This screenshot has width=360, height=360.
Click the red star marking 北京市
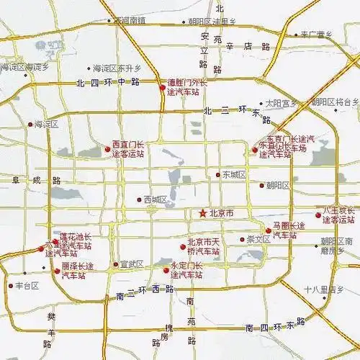pos(204,214)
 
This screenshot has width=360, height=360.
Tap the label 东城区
pos(234,175)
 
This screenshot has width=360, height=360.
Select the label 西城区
pos(156,199)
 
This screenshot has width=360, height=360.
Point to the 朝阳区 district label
pos(277,186)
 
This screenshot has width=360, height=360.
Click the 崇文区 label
pos(258,239)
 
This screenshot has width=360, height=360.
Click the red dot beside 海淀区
pos(30,125)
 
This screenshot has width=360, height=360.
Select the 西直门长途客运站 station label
pos(128,148)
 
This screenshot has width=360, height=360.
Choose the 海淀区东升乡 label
pos(117,68)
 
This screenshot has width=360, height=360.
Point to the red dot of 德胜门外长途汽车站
pos(162,88)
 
